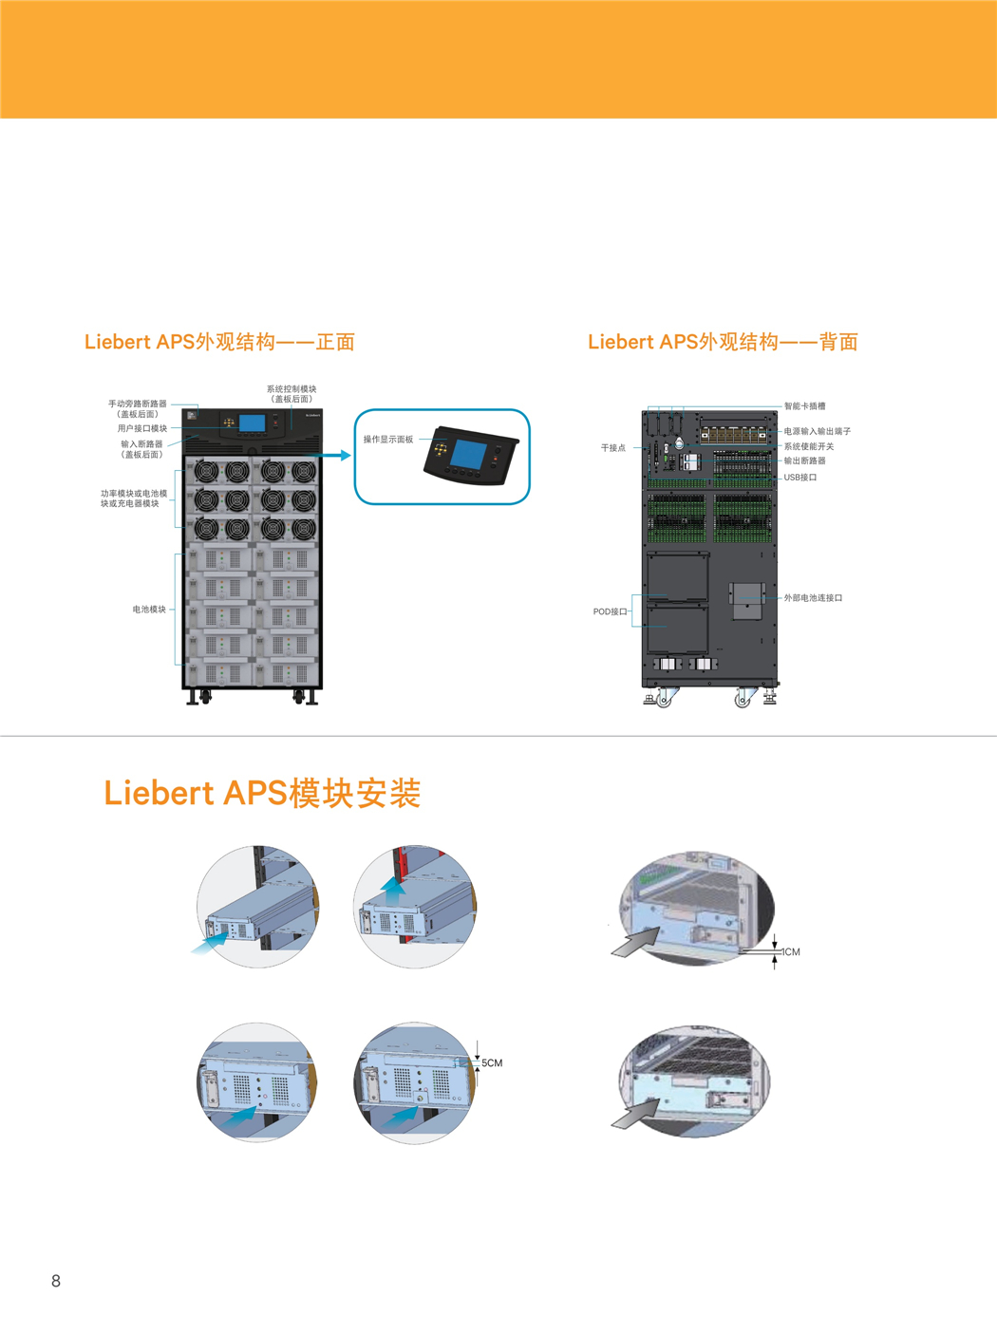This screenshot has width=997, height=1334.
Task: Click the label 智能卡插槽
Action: pos(804,406)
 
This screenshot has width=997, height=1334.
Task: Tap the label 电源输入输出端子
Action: pos(818,431)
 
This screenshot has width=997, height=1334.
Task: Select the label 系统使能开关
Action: pos(809,446)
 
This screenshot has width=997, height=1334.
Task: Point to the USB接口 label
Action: pos(800,477)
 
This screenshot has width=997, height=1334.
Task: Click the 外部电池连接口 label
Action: pos(813,598)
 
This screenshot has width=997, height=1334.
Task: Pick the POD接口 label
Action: pos(610,611)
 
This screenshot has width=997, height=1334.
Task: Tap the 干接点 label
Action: pos(613,448)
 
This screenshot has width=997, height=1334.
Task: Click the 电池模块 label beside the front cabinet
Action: pos(149,609)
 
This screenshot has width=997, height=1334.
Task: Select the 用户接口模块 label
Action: pos(142,428)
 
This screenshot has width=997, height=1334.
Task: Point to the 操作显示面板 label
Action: pos(388,440)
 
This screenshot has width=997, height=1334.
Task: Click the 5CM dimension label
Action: pos(492,1063)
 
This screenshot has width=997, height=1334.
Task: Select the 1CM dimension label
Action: pos(790,951)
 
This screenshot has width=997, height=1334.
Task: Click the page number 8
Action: pos(56,1281)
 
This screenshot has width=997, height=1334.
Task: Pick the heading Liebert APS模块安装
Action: pos(262,793)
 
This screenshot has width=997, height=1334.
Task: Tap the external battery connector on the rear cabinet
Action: pos(746,600)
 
